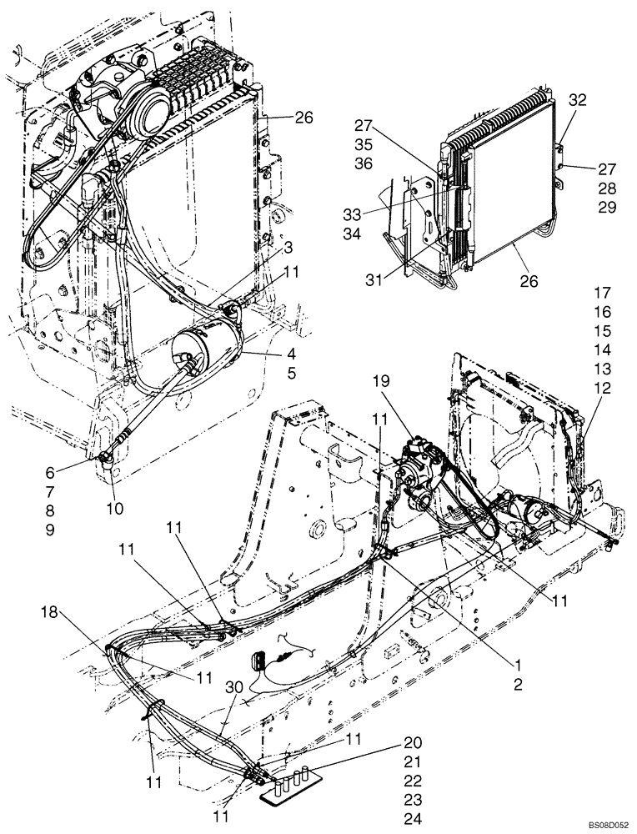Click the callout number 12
(602, 388)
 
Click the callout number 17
(602, 293)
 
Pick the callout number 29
(606, 208)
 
